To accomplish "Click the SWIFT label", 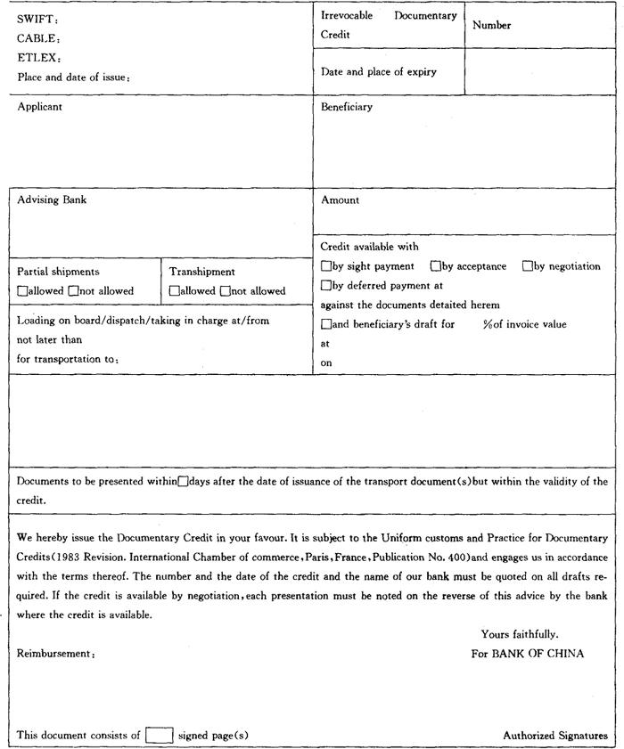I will coord(34,19).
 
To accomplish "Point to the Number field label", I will coord(491,26).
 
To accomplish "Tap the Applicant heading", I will coord(40,107).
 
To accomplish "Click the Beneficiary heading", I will coord(347,107).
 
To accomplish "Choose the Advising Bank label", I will coord(52,200).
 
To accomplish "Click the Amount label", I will coord(340,200).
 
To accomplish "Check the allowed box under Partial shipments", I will coord(22,290).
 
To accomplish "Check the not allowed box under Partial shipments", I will coord(73,290).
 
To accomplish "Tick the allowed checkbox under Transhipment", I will coord(174,290).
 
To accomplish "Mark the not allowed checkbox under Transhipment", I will coord(225,290).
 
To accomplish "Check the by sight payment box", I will coord(325,266).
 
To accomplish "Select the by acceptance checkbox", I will coord(436,266).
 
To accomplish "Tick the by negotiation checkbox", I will coord(528,266).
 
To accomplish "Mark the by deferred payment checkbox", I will coord(325,286).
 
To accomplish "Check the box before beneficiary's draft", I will coord(325,324).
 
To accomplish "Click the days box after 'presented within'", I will coord(183,482).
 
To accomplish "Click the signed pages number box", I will coord(160,735).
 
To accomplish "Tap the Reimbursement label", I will coord(55,653).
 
